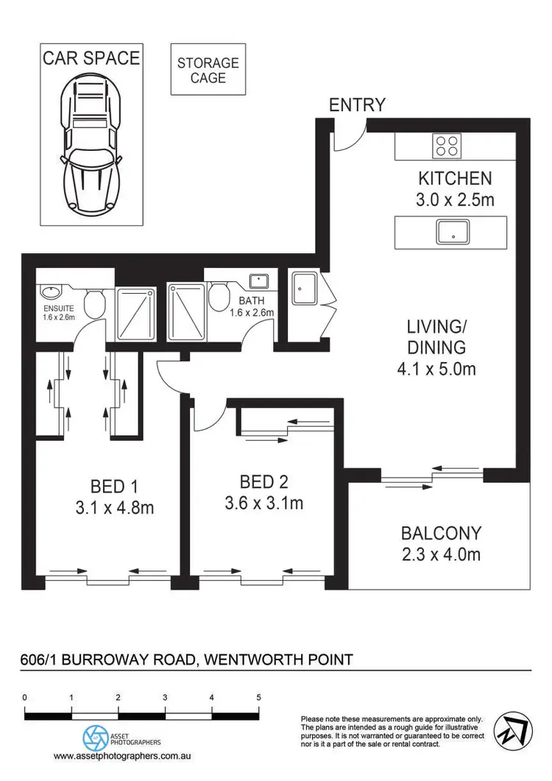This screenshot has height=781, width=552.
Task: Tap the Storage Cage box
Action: tap(208, 69)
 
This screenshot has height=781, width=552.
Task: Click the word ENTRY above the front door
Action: tap(357, 105)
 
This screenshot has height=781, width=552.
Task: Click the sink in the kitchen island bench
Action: tap(451, 233)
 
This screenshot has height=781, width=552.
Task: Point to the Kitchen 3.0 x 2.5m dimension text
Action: tap(455, 188)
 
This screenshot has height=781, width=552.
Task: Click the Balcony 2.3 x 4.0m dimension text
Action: tap(442, 543)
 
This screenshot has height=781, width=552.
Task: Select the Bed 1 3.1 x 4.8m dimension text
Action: tap(114, 497)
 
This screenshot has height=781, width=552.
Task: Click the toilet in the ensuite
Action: tap(94, 303)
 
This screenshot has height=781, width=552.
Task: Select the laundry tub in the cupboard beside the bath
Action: tap(304, 288)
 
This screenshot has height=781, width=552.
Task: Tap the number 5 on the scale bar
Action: tap(258, 696)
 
